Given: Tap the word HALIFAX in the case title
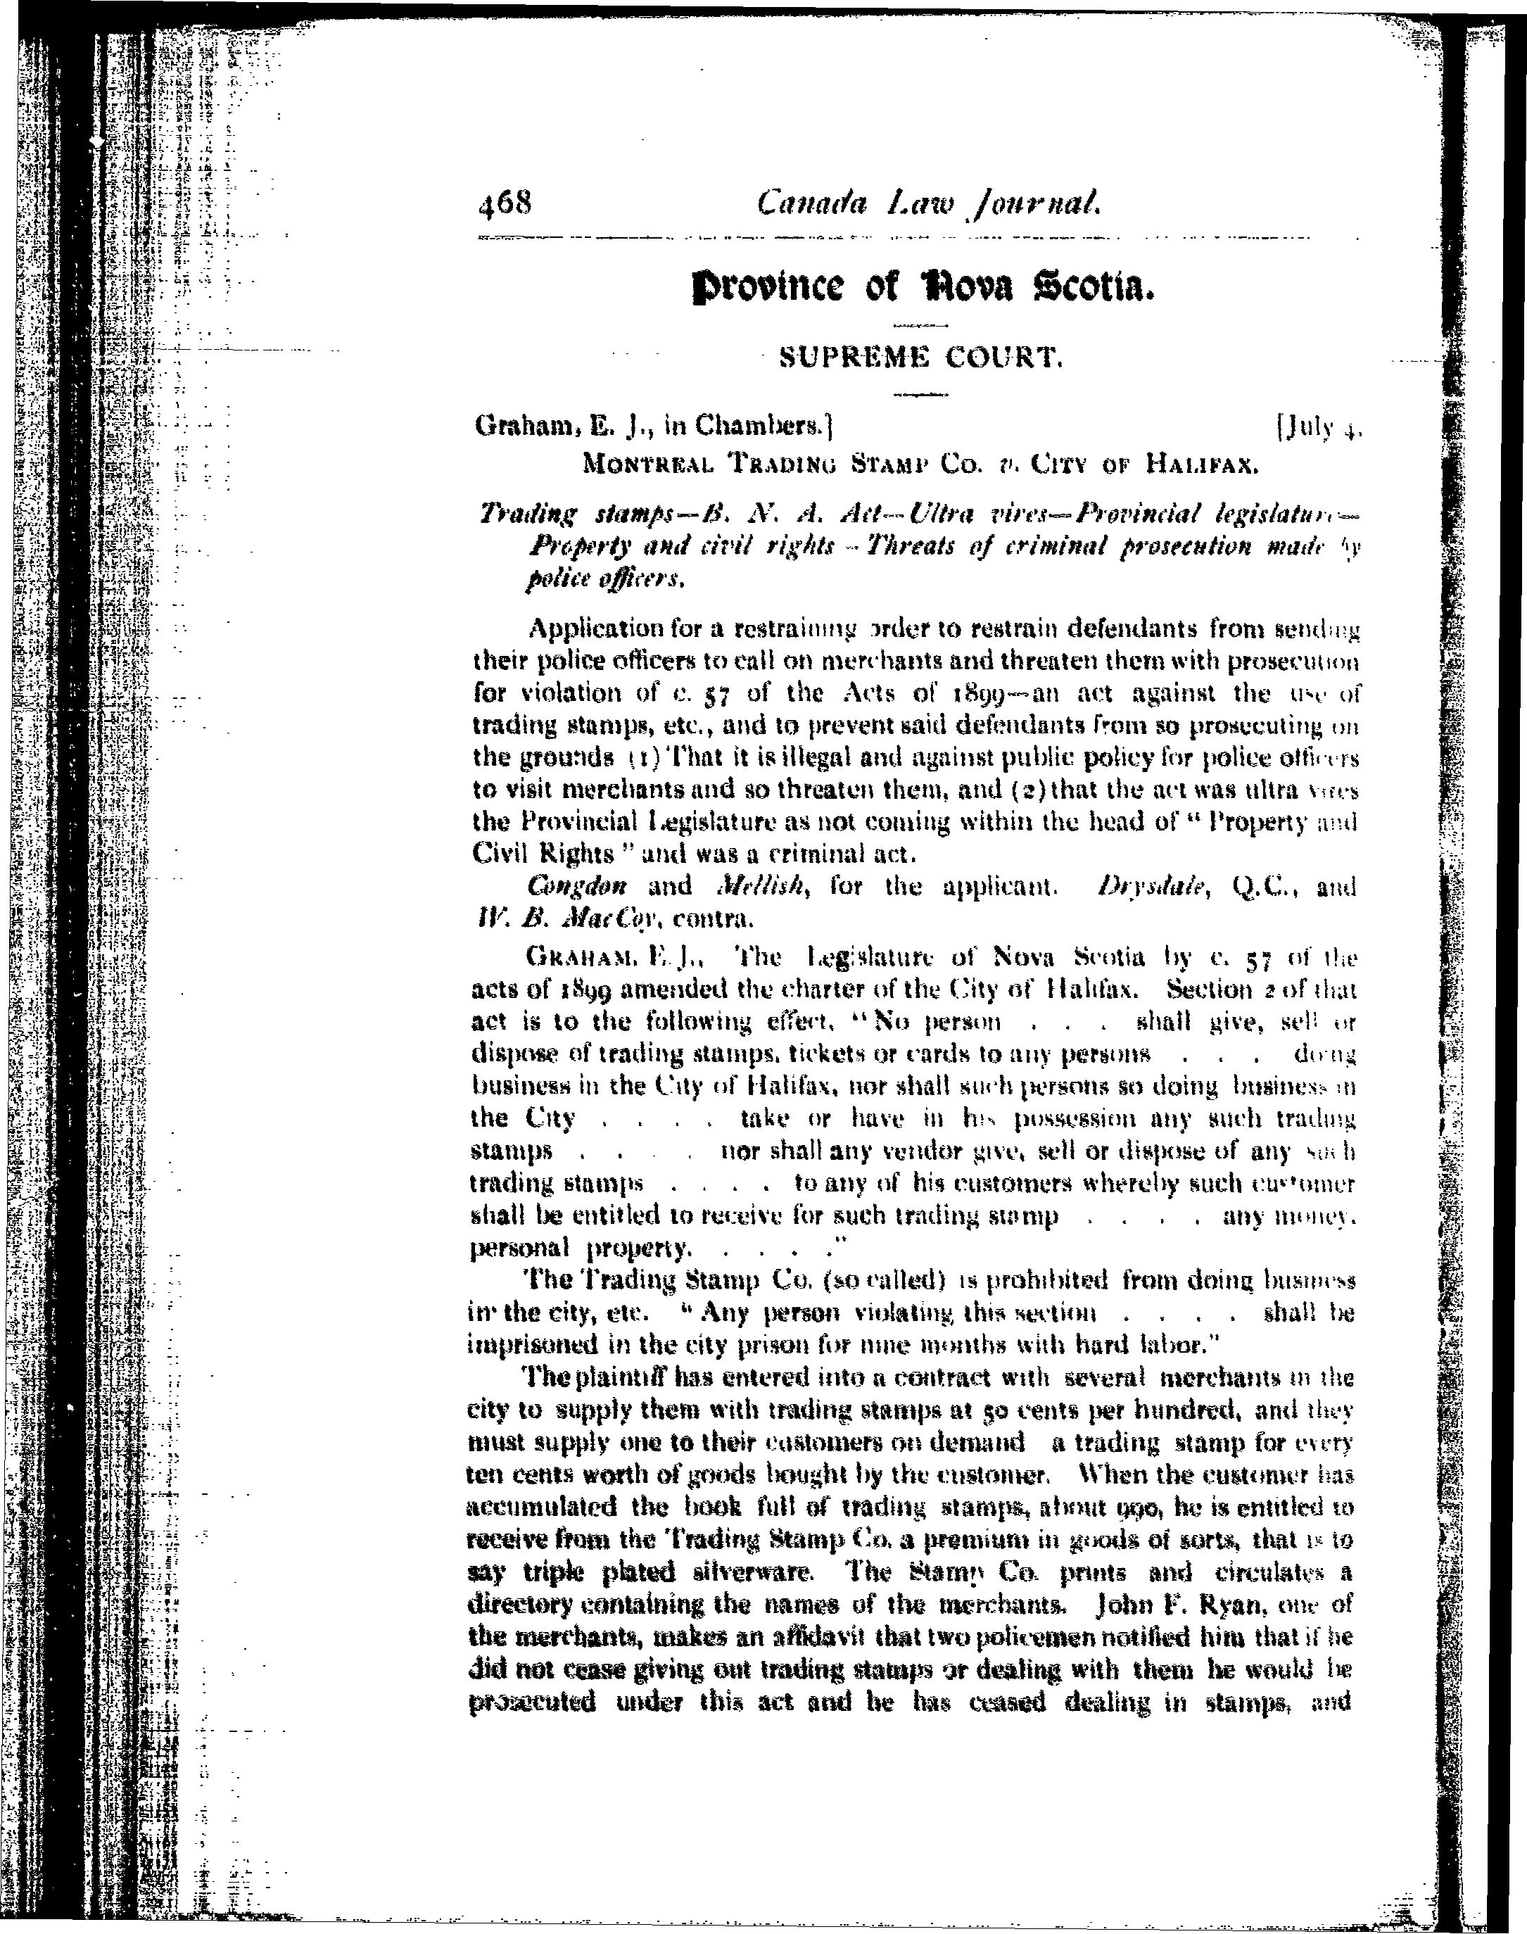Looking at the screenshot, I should pyautogui.click(x=1202, y=465).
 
